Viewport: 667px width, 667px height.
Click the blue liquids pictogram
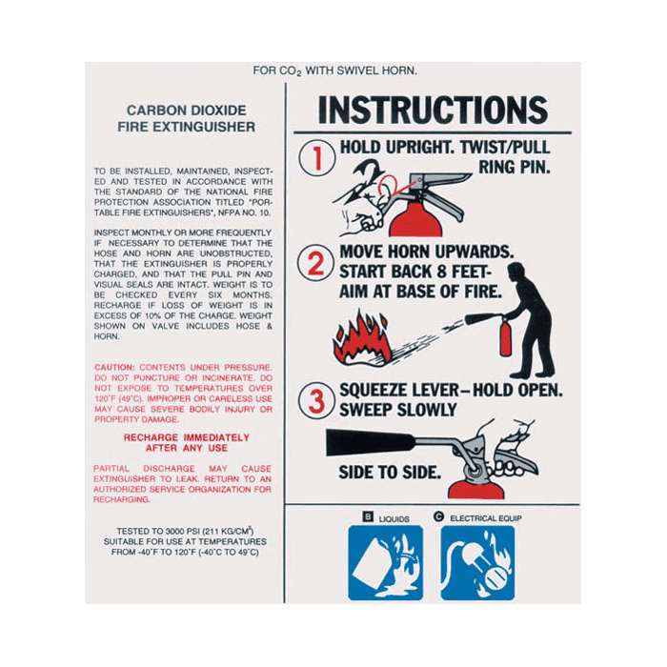click(385, 562)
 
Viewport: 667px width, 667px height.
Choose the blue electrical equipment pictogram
click(477, 562)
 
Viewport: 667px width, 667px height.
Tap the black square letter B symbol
click(367, 517)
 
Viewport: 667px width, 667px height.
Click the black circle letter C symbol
click(438, 517)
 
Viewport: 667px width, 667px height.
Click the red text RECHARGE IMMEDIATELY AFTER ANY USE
click(187, 442)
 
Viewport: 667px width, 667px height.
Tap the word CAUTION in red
click(114, 367)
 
